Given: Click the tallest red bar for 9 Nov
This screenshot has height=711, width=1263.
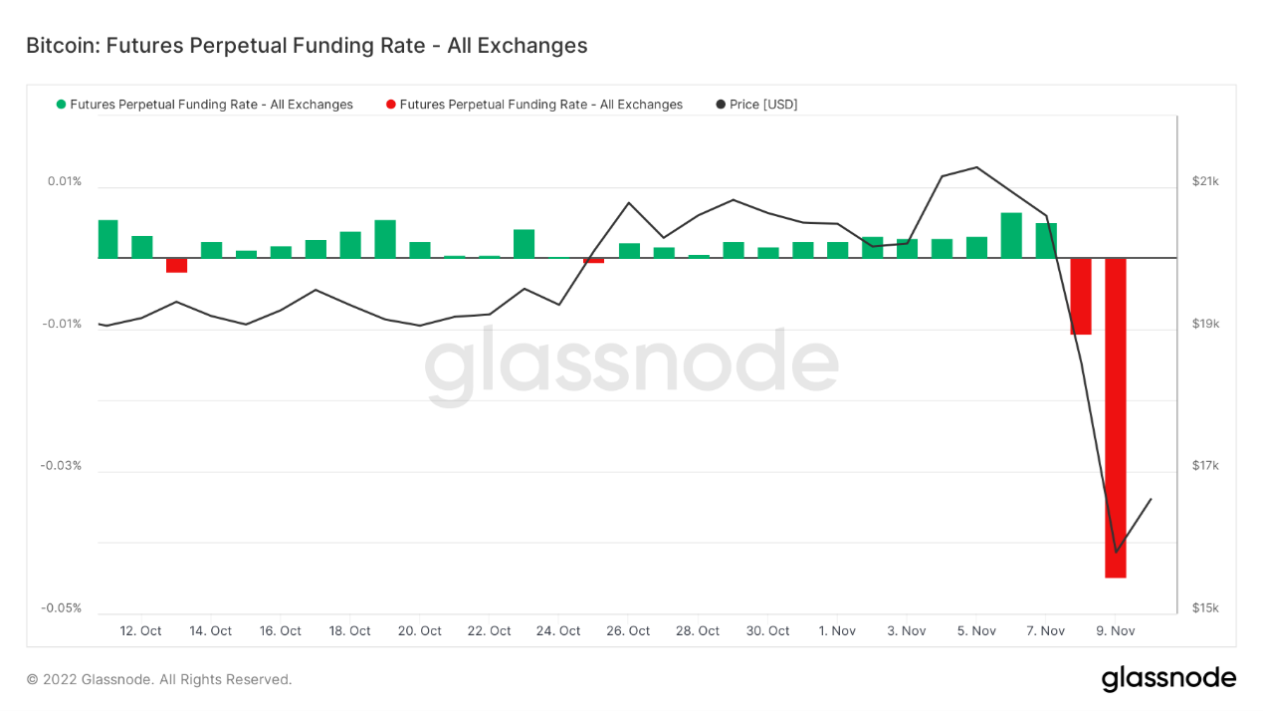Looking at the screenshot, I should click(x=1115, y=417).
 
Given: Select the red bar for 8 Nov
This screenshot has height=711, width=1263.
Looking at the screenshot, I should click(x=1081, y=296).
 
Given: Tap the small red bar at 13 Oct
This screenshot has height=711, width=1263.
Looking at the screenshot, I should click(x=176, y=265).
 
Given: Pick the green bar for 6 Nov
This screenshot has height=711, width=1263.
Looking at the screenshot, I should click(x=1011, y=235).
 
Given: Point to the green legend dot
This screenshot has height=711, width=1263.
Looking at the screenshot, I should click(x=62, y=105).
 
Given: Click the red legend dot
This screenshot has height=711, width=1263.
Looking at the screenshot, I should click(x=391, y=105).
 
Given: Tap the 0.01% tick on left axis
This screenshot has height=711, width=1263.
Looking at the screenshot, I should click(x=64, y=181).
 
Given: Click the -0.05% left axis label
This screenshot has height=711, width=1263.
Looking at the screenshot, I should click(x=61, y=608).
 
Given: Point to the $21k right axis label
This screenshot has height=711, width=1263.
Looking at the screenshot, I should click(x=1205, y=181).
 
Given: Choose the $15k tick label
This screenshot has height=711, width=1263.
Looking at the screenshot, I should click(x=1205, y=608).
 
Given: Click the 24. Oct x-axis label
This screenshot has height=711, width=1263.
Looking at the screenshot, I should click(x=558, y=631).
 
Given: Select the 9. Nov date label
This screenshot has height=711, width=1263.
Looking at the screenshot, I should click(x=1116, y=631).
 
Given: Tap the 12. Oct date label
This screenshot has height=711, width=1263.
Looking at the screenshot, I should click(x=140, y=631).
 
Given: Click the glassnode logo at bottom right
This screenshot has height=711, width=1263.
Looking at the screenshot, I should click(x=1168, y=679).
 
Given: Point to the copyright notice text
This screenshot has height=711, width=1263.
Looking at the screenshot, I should click(x=159, y=680).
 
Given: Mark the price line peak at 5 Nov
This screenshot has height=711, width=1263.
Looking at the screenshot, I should click(x=976, y=167).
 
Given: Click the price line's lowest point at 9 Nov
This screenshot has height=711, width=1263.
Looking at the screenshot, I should click(x=1116, y=552).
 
